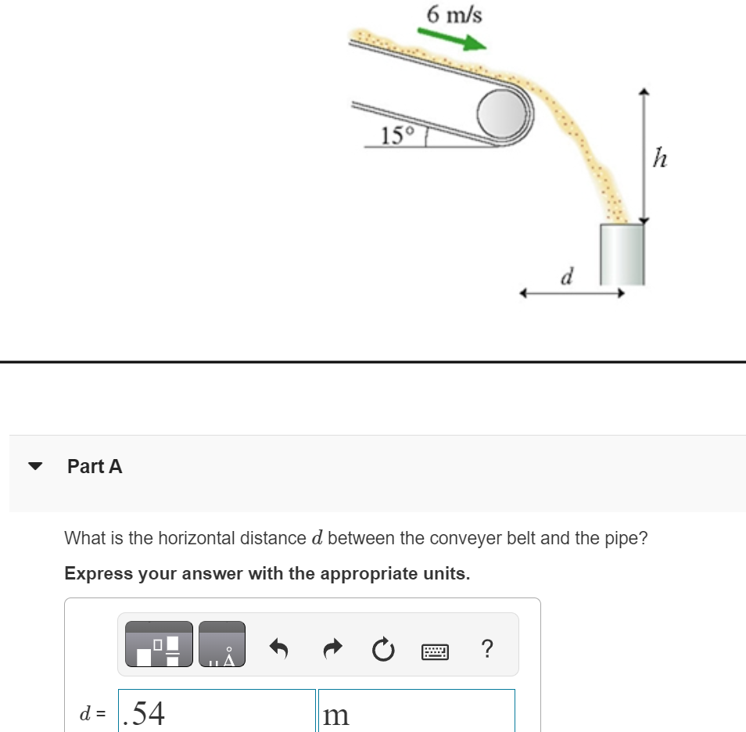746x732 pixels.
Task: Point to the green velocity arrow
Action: (450, 39)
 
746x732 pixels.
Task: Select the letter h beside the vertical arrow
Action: (660, 160)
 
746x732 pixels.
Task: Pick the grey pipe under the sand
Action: (622, 254)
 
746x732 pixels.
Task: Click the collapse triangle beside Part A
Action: (35, 467)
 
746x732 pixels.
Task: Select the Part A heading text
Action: (95, 467)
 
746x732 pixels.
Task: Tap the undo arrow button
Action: (280, 649)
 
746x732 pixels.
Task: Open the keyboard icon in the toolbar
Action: (435, 650)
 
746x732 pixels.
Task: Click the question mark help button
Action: (487, 648)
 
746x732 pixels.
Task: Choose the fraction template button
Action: (159, 644)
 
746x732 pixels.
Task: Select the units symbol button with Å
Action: (222, 644)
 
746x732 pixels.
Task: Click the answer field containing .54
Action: (217, 712)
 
